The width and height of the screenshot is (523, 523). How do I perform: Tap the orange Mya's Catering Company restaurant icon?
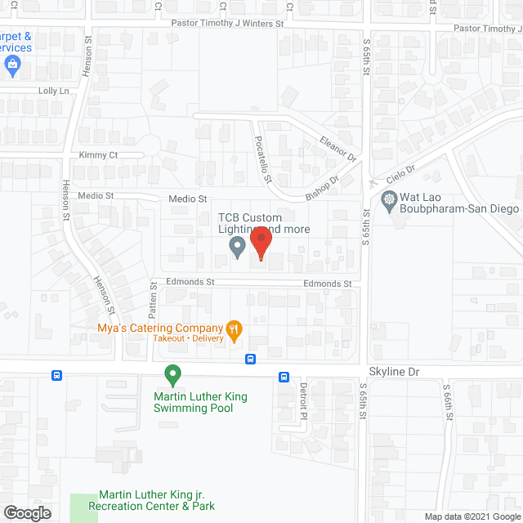click(235, 330)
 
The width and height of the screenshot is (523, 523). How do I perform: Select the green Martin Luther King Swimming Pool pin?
click(172, 375)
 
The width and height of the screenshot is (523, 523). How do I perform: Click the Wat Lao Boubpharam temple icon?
click(389, 199)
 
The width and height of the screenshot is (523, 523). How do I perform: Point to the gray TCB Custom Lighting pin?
click(237, 246)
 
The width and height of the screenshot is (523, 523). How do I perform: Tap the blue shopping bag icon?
click(11, 65)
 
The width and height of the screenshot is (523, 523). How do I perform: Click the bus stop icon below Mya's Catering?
click(251, 358)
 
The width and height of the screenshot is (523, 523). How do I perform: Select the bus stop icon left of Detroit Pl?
click(284, 377)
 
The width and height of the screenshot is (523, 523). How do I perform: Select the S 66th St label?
click(447, 403)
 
